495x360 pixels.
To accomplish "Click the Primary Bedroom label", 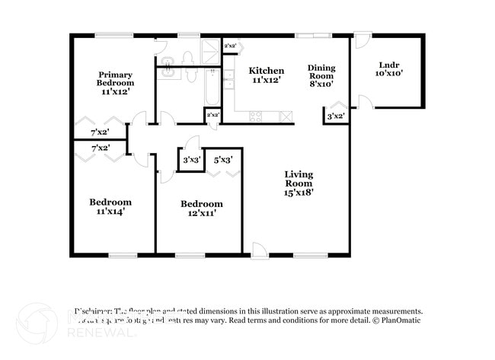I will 116,78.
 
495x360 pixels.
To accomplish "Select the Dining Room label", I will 321,72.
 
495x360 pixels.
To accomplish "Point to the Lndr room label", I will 389,65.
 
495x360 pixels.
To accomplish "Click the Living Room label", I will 299,179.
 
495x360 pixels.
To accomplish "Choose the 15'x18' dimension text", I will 299,193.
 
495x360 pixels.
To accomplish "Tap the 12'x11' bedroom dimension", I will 201,213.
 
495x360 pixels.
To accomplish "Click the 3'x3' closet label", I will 192,160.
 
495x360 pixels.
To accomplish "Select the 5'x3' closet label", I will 223,160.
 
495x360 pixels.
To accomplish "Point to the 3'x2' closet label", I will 336,116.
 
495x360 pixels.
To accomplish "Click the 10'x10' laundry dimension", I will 389,74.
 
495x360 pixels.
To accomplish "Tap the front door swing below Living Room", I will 260,249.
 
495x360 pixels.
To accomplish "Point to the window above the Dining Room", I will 313,35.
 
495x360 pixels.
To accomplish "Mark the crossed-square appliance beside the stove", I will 286,116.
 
